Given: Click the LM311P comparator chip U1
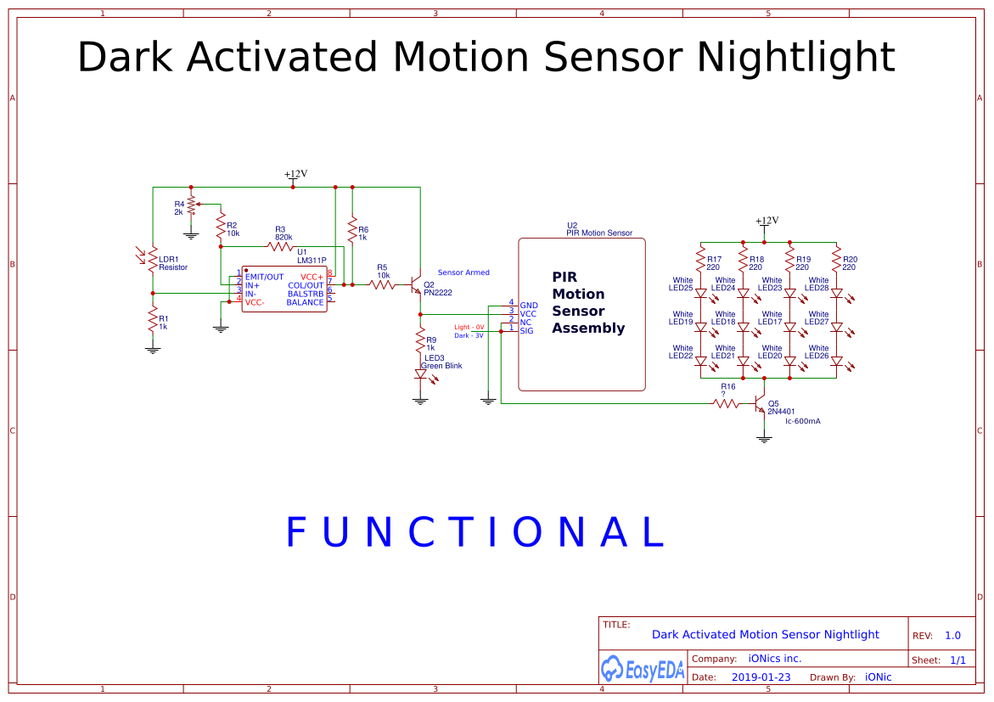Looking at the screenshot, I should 284,289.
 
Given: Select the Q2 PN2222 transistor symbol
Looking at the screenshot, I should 416,286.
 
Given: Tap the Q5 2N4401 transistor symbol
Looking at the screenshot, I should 761,404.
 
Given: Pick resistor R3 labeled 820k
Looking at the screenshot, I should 280,246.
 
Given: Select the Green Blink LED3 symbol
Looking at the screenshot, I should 420,373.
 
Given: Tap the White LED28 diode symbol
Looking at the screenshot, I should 836,294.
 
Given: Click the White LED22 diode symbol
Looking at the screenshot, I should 701,361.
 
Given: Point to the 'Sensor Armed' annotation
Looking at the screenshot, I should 463,272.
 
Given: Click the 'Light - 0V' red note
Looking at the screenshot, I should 469,327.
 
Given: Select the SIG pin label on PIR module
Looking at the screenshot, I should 527,331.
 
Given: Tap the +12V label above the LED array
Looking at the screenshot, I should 767,221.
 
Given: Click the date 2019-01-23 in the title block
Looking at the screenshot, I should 761,677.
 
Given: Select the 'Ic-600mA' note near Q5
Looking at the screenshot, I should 803,421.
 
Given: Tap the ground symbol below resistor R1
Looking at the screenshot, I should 152,348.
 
